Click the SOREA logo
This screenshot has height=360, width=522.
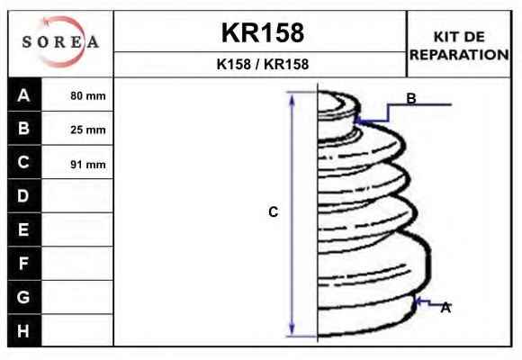pyautogui.click(x=60, y=42)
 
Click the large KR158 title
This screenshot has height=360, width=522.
pyautogui.click(x=263, y=32)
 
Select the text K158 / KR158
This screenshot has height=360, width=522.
pyautogui.click(x=263, y=64)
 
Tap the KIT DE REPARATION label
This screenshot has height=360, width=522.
pyautogui.click(x=459, y=46)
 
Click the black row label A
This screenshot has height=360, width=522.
pyautogui.click(x=24, y=95)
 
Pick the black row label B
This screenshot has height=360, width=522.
pyautogui.click(x=24, y=128)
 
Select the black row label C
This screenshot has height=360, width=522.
pyautogui.click(x=24, y=162)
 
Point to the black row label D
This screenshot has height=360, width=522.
pyautogui.click(x=24, y=196)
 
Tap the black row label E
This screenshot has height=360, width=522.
pyautogui.click(x=24, y=229)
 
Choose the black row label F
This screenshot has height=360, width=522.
pyautogui.click(x=24, y=263)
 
